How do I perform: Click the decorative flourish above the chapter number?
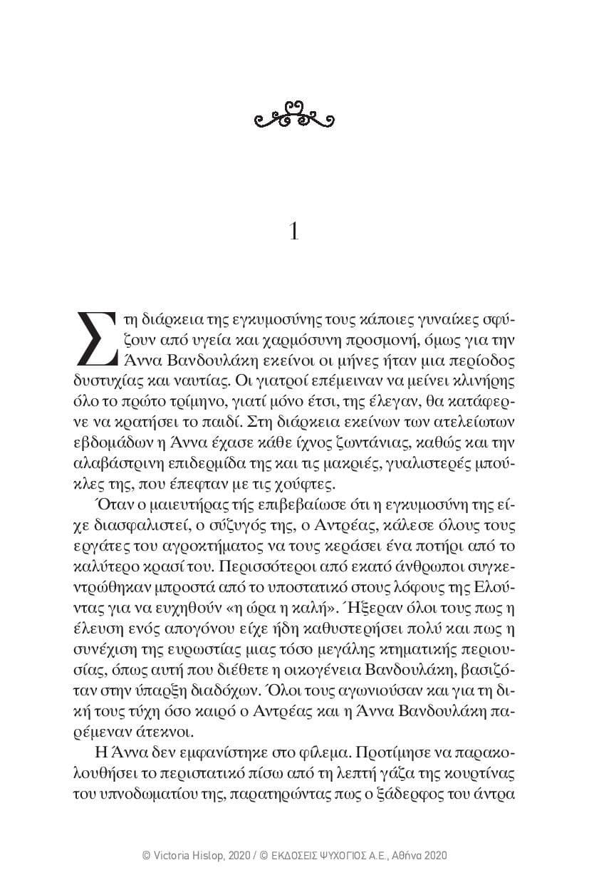(294, 116)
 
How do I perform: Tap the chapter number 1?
(294, 232)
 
